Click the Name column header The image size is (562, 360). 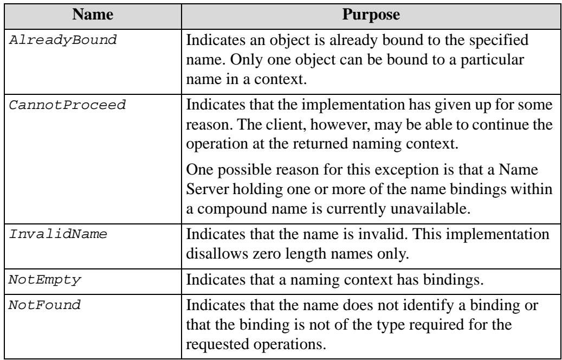click(x=93, y=15)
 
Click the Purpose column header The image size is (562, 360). click(x=371, y=15)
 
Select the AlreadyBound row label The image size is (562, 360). click(x=63, y=40)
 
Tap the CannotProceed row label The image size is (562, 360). click(x=67, y=105)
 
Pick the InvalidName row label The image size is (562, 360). click(x=58, y=235)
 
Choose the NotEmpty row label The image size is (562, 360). click(x=45, y=280)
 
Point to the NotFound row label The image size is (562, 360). click(x=45, y=305)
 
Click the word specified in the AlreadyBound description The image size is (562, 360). click(x=499, y=40)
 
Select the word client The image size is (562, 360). click(x=285, y=125)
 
